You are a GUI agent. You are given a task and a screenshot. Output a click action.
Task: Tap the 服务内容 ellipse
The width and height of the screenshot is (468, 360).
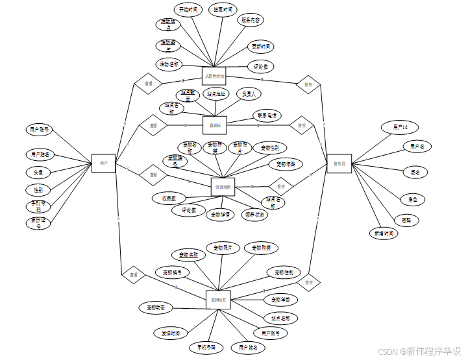tap(251, 20)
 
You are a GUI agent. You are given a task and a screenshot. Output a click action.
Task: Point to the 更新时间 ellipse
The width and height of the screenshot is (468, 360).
tap(261, 47)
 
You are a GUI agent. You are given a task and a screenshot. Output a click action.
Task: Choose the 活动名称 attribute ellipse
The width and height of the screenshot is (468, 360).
tap(169, 64)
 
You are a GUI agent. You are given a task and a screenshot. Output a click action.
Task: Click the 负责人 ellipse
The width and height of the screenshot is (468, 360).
tap(249, 93)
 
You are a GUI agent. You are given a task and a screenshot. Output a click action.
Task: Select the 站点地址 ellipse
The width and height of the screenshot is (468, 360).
tap(217, 93)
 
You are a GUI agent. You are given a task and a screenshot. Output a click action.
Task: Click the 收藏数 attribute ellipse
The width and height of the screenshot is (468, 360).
tap(169, 198)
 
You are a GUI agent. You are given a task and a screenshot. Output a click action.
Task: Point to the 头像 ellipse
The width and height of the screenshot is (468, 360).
tap(38, 173)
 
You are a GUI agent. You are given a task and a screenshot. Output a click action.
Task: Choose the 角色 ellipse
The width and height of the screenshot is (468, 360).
tap(413, 199)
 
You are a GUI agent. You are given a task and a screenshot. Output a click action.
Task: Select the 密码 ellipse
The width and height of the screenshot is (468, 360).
tap(406, 221)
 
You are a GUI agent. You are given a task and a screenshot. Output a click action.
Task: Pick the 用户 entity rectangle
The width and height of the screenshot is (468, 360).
tap(104, 164)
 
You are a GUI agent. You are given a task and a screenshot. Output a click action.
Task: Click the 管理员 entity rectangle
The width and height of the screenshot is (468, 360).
tap(339, 164)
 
